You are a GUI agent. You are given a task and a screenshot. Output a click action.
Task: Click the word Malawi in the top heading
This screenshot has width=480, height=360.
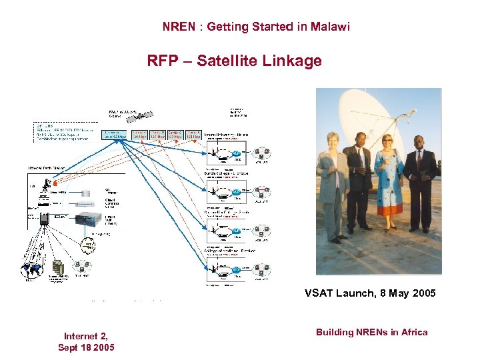click(329, 27)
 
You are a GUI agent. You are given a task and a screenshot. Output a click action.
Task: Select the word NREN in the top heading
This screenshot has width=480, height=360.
click(177, 27)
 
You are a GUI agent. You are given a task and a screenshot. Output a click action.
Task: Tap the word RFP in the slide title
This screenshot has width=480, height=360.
click(161, 61)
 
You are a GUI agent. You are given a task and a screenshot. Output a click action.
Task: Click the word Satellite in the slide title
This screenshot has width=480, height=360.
click(227, 61)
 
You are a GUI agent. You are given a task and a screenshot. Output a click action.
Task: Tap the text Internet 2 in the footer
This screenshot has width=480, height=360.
click(86, 336)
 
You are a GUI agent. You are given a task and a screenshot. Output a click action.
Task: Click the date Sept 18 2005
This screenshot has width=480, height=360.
click(86, 347)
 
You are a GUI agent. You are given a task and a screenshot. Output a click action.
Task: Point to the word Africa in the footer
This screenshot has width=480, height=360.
click(413, 332)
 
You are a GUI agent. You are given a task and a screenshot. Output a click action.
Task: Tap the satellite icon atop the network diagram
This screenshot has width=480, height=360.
click(135, 117)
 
